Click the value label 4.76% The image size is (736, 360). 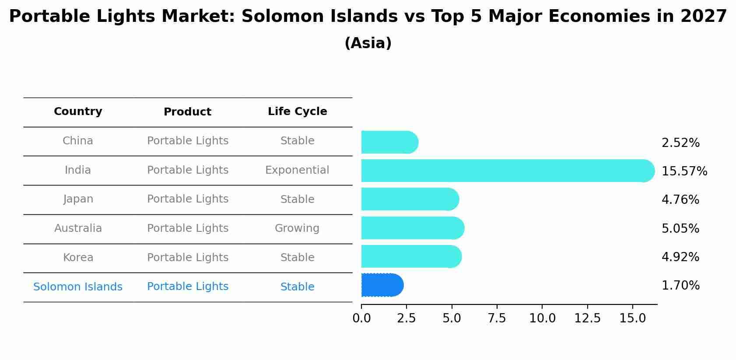coord(680,200)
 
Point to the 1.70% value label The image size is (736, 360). coord(680,286)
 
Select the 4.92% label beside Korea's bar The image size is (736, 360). coord(680,257)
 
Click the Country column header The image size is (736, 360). coord(78,112)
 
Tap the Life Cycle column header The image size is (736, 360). coord(297,112)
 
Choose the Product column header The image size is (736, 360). coord(187,112)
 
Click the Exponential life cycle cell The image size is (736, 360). coord(297,170)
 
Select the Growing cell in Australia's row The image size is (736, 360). coord(297,228)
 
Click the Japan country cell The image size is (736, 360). coord(78,199)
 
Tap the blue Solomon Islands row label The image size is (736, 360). coord(78,287)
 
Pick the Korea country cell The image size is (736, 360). coord(78,258)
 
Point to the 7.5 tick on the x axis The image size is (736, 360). coord(497,318)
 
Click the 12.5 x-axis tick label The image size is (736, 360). coord(587,318)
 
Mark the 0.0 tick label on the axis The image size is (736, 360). coord(361,318)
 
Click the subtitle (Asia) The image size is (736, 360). coord(368,43)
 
